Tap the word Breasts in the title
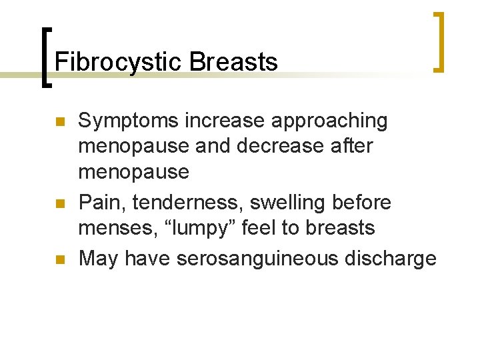233,62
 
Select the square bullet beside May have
58,259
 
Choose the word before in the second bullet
367,202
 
